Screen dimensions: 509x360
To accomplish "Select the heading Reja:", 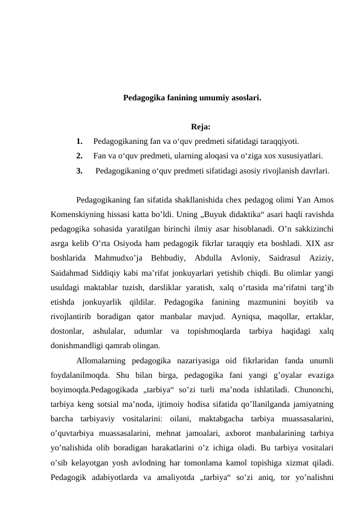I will (200, 127).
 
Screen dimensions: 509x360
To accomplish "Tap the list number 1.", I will (80, 141).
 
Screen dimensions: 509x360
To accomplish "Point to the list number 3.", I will (80, 170).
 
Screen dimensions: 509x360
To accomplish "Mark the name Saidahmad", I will (74, 273).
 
